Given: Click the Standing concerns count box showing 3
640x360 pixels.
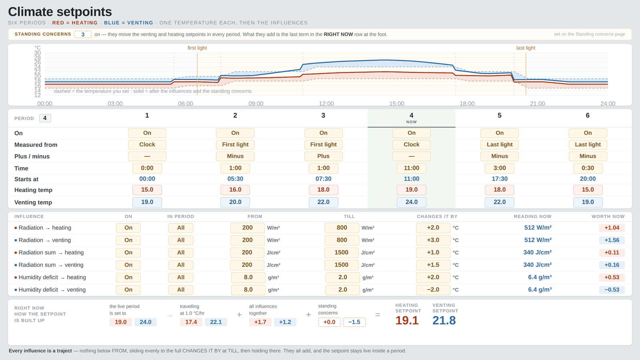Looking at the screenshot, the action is (x=83, y=34).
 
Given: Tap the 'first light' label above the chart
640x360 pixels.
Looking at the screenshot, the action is (x=197, y=48).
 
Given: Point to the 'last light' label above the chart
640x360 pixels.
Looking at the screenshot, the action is (x=526, y=48).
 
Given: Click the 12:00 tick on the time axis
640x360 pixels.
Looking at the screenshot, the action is (x=326, y=104).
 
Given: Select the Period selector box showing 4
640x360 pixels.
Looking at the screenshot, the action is (x=45, y=118).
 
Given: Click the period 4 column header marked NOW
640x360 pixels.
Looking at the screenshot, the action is (x=412, y=118).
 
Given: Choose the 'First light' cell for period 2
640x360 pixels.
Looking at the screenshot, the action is (x=235, y=144).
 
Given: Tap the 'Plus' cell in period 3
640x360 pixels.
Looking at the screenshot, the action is (x=324, y=156).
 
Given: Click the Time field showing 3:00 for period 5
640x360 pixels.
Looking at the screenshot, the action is (x=500, y=168).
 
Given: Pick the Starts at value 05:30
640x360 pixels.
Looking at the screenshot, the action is (x=235, y=179).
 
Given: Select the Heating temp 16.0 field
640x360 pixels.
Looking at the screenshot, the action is (x=235, y=190).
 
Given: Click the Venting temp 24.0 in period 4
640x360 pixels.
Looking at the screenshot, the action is (x=412, y=202).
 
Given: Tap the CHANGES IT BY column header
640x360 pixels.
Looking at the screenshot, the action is (x=437, y=216).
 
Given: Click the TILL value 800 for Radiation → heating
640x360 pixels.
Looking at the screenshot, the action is (x=342, y=228).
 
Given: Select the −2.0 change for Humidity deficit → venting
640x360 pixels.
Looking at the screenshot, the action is (x=433, y=290).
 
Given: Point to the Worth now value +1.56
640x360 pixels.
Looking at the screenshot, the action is (x=612, y=240).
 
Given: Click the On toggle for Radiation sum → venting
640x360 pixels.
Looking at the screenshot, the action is (x=128, y=265).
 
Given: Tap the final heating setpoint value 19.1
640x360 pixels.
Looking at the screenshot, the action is (x=407, y=320).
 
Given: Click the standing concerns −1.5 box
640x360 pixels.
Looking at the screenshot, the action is (x=354, y=322).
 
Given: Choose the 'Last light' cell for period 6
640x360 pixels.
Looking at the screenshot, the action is (x=588, y=144).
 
